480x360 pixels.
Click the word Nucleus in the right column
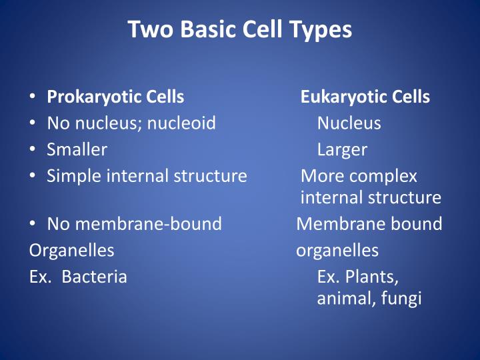[x=349, y=123]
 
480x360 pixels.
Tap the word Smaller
[x=77, y=150]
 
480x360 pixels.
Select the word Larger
[x=342, y=150]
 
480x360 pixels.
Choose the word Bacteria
[x=94, y=277]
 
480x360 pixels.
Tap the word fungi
[x=403, y=299]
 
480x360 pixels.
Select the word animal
[x=343, y=299]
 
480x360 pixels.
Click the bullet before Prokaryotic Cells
[x=33, y=97]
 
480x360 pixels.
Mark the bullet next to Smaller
[x=33, y=150]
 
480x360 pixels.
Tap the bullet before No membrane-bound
[x=33, y=224]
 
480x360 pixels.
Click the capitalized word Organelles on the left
[x=72, y=251]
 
